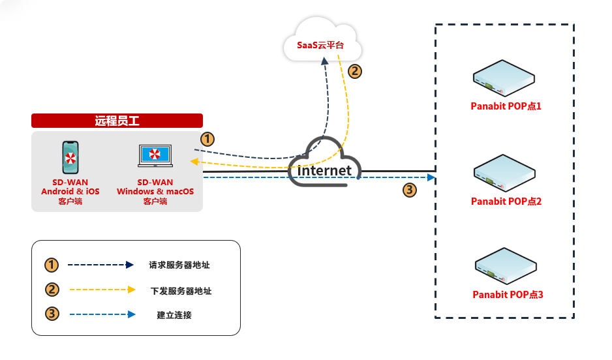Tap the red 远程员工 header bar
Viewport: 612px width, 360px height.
pyautogui.click(x=117, y=121)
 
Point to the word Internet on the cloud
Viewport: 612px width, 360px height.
pyautogui.click(x=324, y=171)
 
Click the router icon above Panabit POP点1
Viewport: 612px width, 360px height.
pyautogui.click(x=504, y=78)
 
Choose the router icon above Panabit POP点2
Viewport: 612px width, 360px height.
pyautogui.click(x=504, y=173)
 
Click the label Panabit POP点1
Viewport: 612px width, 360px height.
pyautogui.click(x=506, y=106)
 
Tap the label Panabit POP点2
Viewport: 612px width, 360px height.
pyautogui.click(x=506, y=201)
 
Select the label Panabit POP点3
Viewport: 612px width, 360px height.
pyautogui.click(x=508, y=295)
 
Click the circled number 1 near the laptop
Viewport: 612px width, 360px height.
pyautogui.click(x=207, y=139)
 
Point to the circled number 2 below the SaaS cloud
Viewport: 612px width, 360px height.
pyautogui.click(x=354, y=72)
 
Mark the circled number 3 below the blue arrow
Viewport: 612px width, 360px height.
pyautogui.click(x=409, y=190)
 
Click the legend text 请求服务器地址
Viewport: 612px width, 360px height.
pyautogui.click(x=179, y=265)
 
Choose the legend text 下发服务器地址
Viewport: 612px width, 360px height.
pyautogui.click(x=181, y=291)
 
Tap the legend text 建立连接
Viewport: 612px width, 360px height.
pyautogui.click(x=174, y=315)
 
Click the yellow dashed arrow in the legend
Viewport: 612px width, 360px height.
pyautogui.click(x=102, y=290)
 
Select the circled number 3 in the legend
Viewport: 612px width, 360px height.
pyautogui.click(x=52, y=314)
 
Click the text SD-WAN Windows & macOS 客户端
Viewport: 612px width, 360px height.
pyautogui.click(x=155, y=192)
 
